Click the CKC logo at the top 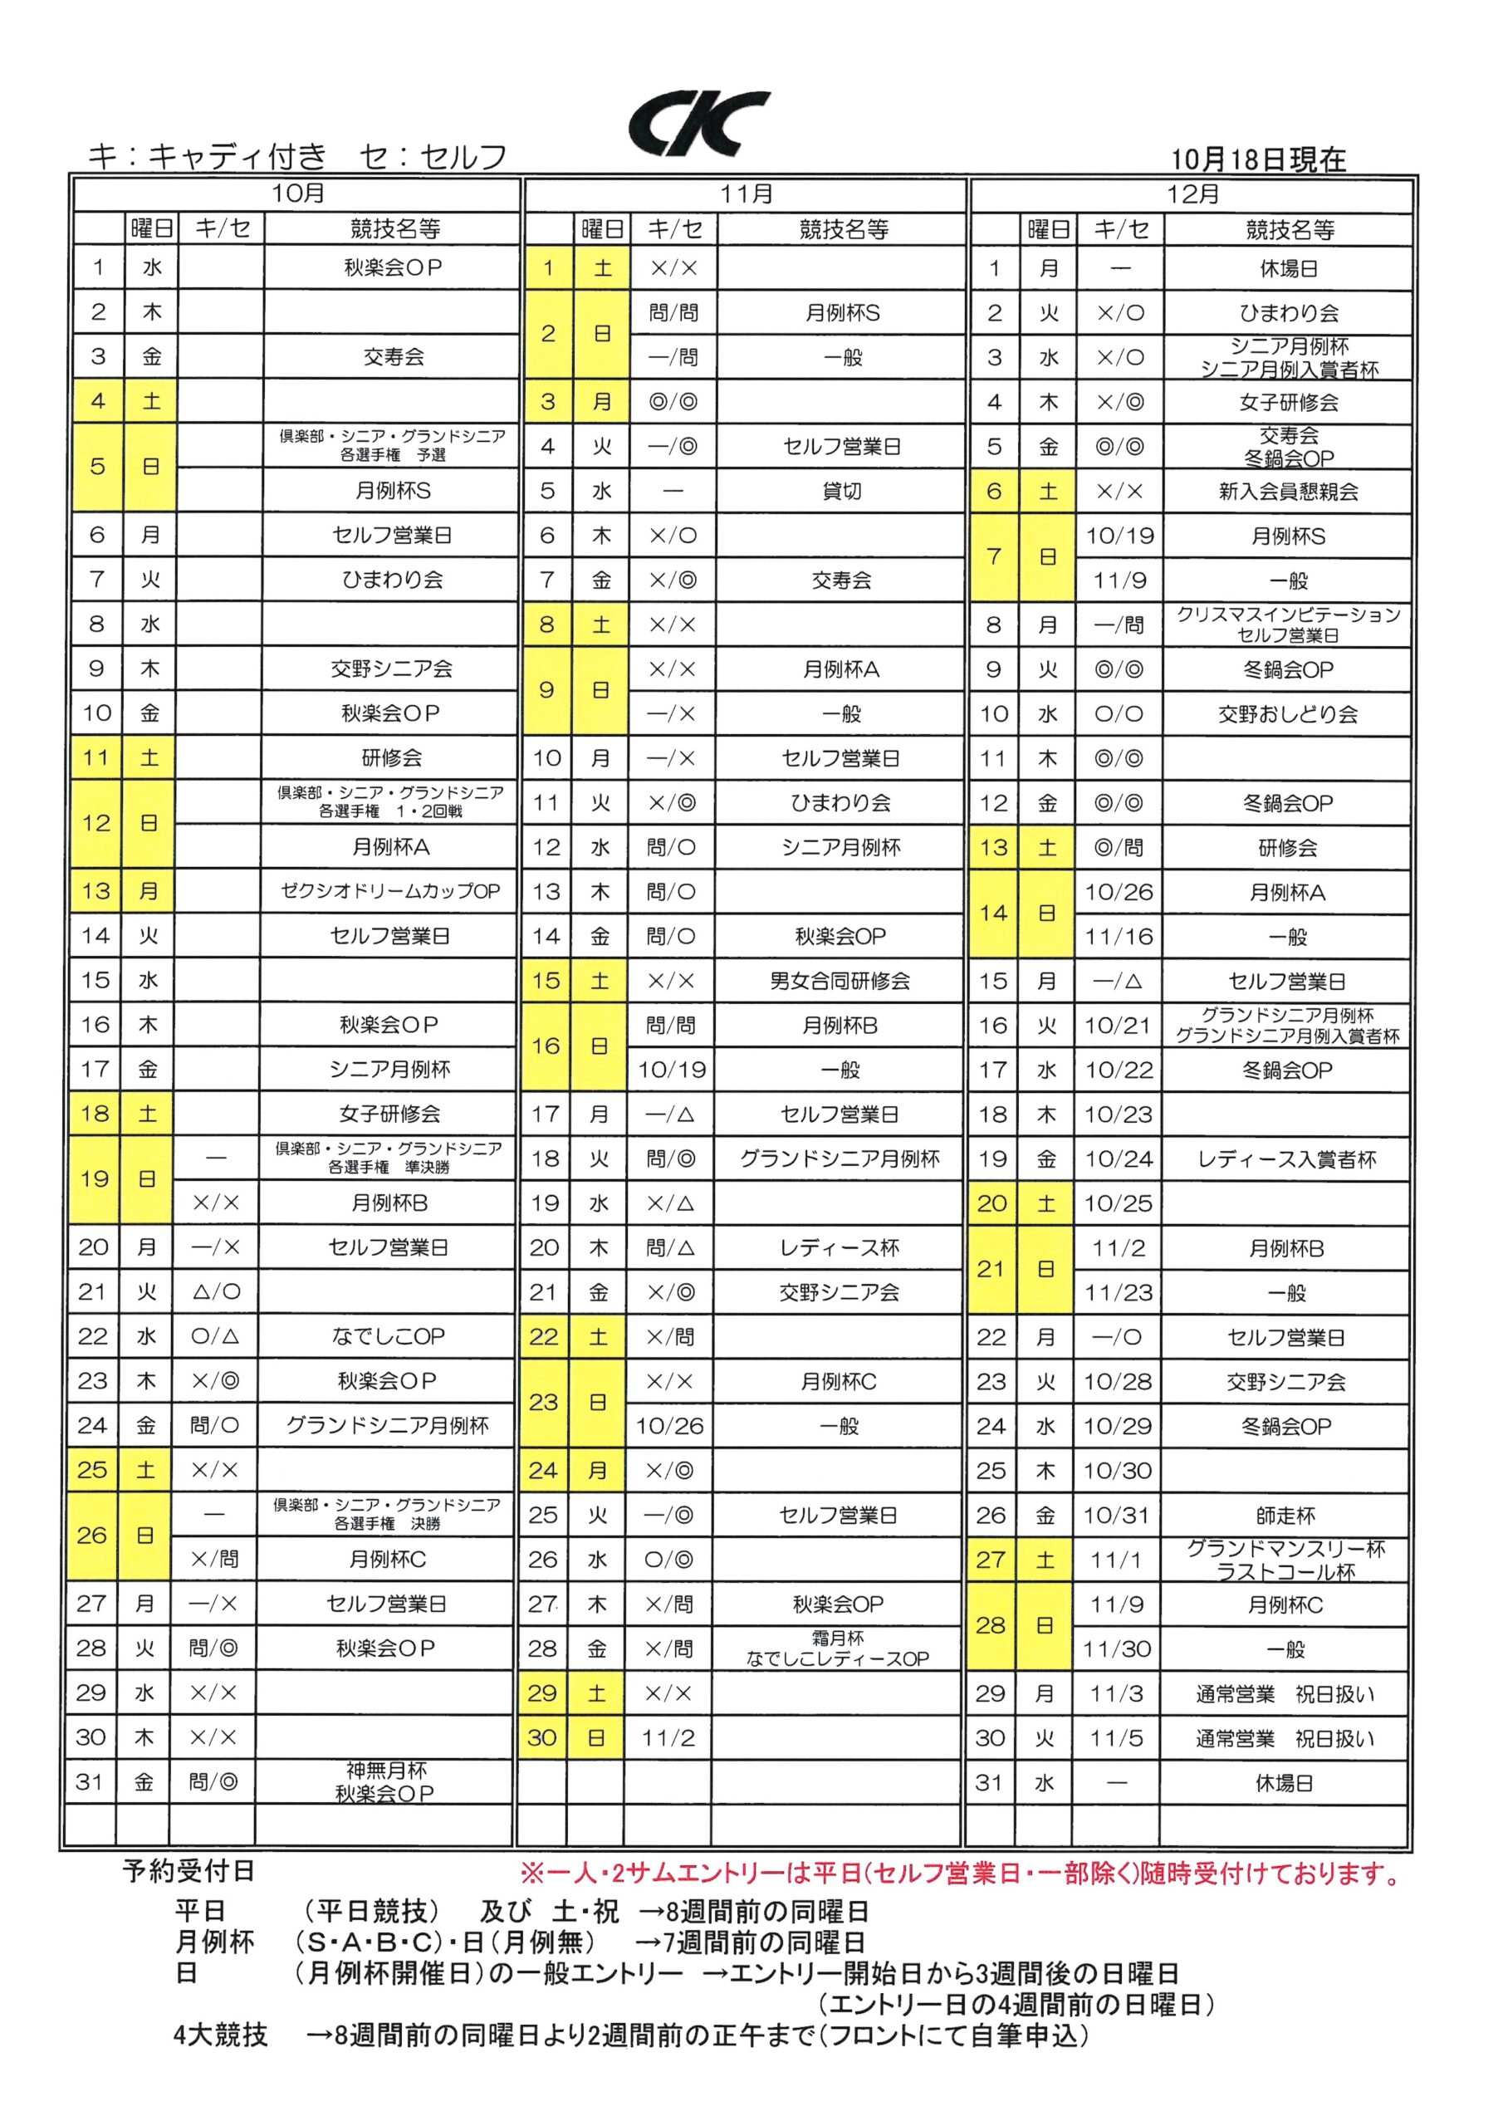698,123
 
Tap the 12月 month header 1192,194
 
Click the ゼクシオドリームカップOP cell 390,891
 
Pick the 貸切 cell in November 841,491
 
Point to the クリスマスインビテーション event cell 1288,624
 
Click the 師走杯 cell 1286,1516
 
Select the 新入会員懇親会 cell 1288,492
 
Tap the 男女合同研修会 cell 840,981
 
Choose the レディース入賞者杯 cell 1286,1159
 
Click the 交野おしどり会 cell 1287,714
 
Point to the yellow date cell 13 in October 95,891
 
